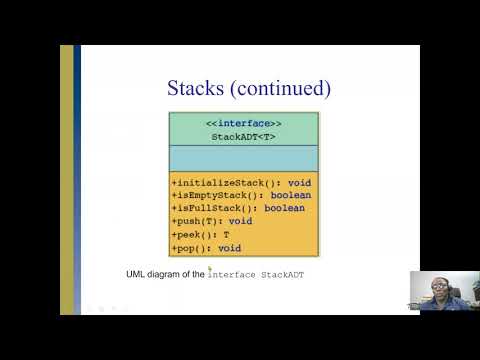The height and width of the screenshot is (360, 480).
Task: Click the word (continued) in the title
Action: coord(281,88)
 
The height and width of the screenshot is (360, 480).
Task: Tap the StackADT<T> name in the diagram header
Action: coord(243,136)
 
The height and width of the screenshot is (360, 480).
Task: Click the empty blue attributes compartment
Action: coord(243,160)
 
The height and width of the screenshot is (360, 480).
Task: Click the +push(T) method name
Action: coord(196,221)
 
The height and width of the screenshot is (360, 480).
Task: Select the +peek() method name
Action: coord(194,234)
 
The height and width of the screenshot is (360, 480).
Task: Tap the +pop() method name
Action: coord(191,247)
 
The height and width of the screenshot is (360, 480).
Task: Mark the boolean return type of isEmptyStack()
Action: coord(291,196)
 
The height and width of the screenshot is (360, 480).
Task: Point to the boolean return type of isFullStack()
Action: coord(284,208)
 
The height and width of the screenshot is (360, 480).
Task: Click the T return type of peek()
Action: coord(226,234)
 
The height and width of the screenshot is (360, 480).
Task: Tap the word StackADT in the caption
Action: coord(283,273)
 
